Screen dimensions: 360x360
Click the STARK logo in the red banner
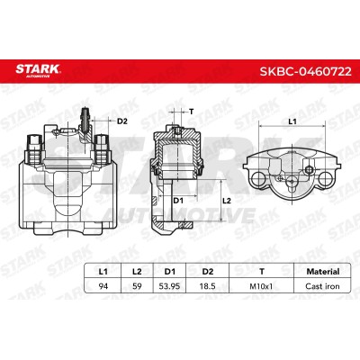click(x=38, y=70)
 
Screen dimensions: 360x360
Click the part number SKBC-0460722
click(x=305, y=71)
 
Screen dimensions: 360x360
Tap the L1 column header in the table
click(x=103, y=272)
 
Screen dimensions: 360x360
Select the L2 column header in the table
click(x=137, y=272)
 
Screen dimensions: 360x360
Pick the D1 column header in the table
click(x=170, y=272)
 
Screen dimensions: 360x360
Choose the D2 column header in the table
click(x=208, y=272)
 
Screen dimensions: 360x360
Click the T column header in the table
click(x=262, y=272)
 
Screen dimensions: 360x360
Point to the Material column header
click(x=323, y=272)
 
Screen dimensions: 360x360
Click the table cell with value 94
click(x=103, y=286)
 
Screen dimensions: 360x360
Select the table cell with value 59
click(x=137, y=286)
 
